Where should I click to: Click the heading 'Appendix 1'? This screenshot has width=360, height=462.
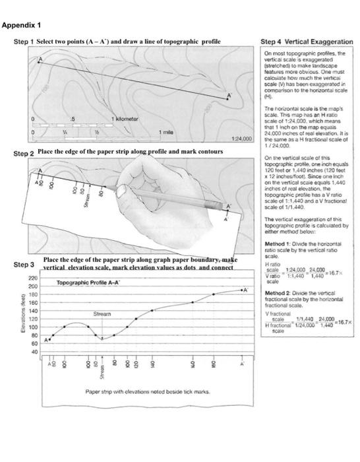click(22, 26)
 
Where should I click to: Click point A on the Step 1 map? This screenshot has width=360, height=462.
click(39, 61)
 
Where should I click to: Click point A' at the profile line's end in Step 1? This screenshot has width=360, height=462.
click(229, 97)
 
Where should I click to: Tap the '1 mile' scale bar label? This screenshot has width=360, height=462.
click(168, 133)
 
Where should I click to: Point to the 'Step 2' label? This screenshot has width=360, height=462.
click(22, 154)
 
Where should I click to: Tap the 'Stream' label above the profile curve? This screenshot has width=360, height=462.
click(100, 315)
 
